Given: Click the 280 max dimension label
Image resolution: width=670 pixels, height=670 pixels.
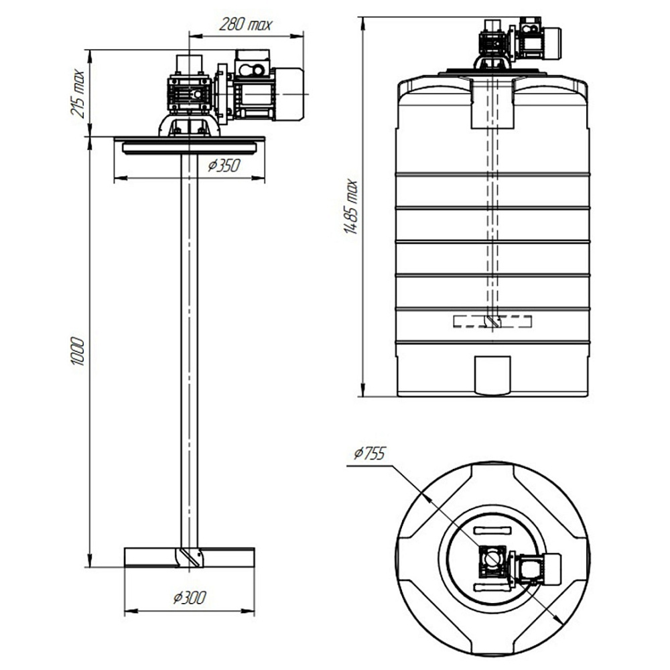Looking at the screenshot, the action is point(245,24).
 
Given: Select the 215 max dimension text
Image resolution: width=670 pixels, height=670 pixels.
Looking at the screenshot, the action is point(78,93).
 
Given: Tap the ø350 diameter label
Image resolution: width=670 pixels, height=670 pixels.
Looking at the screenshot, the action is point(224,165).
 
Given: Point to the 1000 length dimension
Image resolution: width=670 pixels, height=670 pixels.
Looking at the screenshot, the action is point(78,351).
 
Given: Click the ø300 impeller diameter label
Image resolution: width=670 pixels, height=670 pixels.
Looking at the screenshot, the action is point(190,598).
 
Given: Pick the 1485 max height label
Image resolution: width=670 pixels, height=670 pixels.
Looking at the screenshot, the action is point(351,207).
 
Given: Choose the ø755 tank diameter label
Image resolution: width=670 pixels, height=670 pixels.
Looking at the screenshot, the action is point(370,454).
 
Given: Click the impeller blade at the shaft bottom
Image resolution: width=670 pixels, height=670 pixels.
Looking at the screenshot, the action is point(190,557).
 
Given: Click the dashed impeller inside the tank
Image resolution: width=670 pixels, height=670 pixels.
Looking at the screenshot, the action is point(492,322).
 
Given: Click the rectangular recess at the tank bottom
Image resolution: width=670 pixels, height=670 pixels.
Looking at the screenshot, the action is point(493,375).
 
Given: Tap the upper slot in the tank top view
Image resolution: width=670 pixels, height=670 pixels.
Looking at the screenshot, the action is point(492,530).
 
